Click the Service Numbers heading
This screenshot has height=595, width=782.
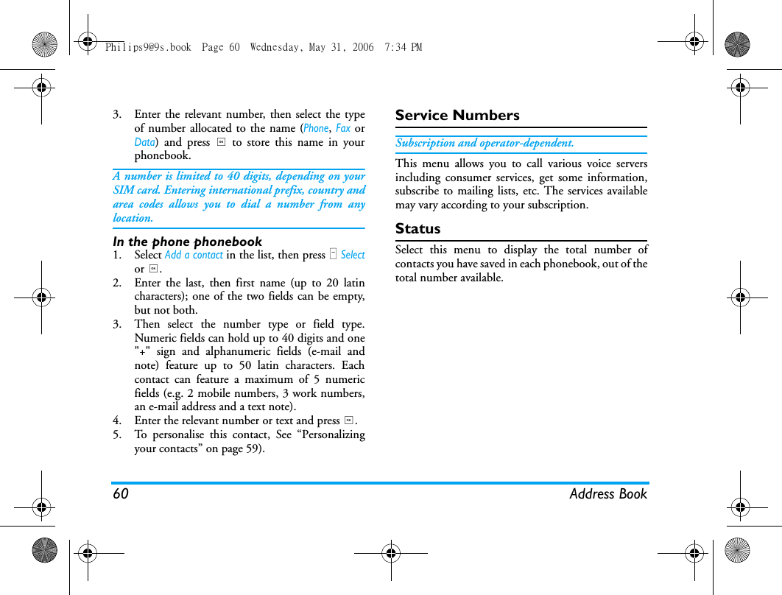point(457,116)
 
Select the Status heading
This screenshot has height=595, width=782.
point(418,229)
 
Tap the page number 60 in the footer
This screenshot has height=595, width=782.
point(121,494)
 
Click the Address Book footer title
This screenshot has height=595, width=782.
point(607,494)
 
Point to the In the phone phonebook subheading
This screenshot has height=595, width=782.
point(187,242)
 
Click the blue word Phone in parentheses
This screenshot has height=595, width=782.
point(316,128)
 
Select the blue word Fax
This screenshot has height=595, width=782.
point(342,128)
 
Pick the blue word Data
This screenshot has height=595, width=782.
point(144,142)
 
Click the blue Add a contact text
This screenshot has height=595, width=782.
point(194,255)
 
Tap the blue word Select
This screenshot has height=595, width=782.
point(353,255)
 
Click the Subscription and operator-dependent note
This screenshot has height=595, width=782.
point(485,143)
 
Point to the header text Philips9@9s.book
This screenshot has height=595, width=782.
point(148,47)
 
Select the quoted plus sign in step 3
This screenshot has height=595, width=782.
point(141,352)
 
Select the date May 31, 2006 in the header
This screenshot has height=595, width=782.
point(341,47)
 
